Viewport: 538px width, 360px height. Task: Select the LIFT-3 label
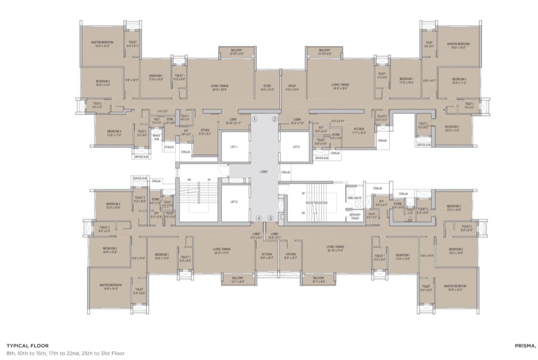click(x=296, y=146)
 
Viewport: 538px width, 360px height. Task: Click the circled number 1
click(x=255, y=119)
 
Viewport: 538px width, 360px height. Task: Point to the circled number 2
click(x=275, y=119)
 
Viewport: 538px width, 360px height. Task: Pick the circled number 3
click(x=271, y=218)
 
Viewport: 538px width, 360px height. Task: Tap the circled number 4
click(x=259, y=218)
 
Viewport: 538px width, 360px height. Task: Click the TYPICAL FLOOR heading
click(x=28, y=346)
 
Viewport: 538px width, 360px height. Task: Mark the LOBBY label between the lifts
click(x=264, y=171)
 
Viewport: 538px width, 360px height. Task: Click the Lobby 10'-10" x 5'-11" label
click(x=233, y=121)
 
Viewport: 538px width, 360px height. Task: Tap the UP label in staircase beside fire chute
click(x=303, y=193)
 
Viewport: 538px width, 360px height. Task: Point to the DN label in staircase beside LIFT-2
click(x=189, y=180)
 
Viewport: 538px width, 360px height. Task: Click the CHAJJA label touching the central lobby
click(x=285, y=172)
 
